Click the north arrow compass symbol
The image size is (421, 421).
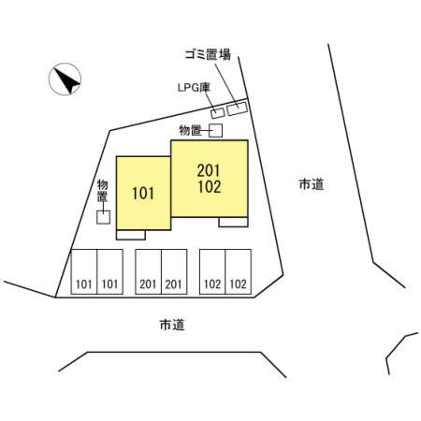[x=65, y=79]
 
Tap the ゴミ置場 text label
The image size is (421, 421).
[x=208, y=54]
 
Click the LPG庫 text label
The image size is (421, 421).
[x=194, y=88]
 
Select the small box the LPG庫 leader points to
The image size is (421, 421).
[x=217, y=112]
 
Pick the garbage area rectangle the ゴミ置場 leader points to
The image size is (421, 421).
[x=238, y=109]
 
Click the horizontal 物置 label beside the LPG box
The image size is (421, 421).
[x=190, y=130]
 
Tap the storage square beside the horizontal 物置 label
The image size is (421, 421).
[x=215, y=130]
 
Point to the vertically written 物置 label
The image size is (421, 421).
[x=102, y=191]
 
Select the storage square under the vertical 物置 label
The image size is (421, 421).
[x=103, y=217]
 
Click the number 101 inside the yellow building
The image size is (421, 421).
[x=143, y=194]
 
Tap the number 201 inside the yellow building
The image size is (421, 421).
[x=209, y=170]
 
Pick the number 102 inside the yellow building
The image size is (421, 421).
[x=210, y=186]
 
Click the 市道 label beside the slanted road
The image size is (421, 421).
[x=312, y=184]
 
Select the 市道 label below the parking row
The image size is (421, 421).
[x=172, y=325]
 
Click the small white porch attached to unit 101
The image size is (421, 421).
[x=131, y=235]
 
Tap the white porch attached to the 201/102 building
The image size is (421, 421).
[x=233, y=222]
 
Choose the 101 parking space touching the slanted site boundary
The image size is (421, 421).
[x=84, y=271]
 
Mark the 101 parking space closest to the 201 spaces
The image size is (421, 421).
[x=109, y=271]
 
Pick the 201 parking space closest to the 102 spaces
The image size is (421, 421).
[x=174, y=271]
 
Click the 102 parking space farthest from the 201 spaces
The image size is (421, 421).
[x=239, y=271]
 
